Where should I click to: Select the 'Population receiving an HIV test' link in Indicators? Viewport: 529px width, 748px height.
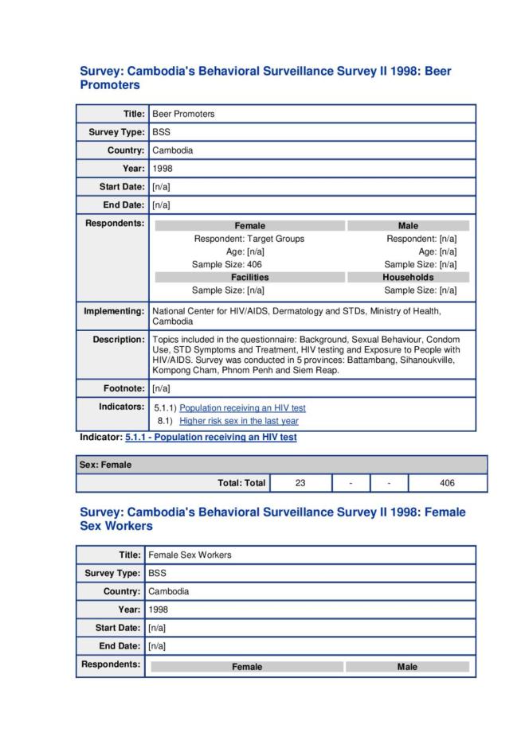pos(242,408)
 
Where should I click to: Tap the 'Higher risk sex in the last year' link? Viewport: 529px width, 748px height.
pos(238,421)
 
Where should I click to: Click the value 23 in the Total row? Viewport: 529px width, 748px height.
pos(300,483)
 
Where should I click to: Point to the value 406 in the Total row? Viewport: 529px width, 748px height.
pos(447,483)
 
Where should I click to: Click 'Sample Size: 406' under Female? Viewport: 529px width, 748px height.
pos(227,264)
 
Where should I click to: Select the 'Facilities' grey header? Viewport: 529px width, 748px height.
pos(249,277)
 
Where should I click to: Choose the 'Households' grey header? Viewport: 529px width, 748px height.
pos(407,277)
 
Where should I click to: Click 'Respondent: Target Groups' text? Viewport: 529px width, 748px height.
pos(249,239)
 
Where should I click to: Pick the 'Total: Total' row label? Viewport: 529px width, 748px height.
pos(241,483)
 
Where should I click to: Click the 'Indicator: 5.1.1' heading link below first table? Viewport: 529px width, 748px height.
pos(210,438)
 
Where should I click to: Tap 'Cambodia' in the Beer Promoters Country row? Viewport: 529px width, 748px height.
pos(172,150)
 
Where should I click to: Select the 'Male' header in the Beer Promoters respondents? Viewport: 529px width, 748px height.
pos(407,226)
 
